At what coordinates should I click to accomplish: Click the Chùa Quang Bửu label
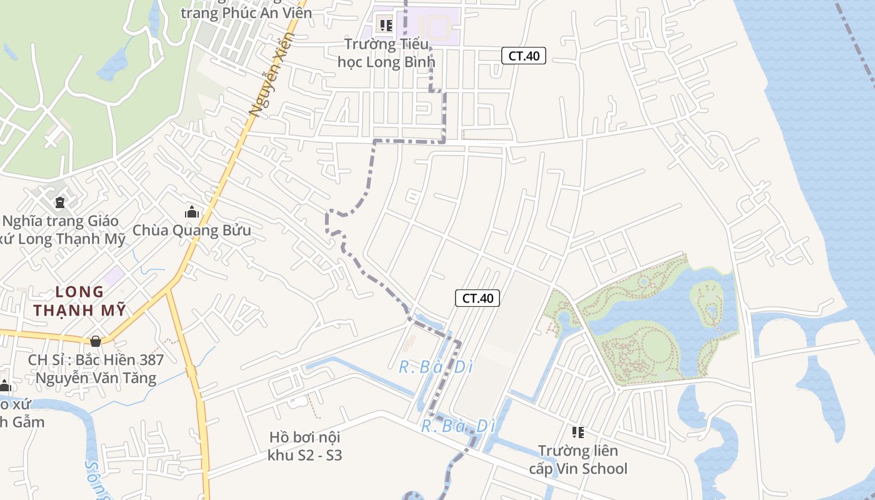(192, 230)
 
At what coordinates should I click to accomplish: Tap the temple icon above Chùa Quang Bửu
(192, 212)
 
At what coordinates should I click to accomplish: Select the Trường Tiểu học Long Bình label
(386, 53)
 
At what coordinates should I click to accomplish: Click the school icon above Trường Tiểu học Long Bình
(386, 26)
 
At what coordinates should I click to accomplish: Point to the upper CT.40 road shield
(524, 56)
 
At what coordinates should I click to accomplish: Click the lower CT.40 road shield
(477, 298)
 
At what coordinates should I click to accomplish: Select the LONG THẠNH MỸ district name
(80, 301)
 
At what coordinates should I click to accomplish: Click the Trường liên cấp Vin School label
(578, 459)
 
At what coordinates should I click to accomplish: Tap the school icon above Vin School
(578, 432)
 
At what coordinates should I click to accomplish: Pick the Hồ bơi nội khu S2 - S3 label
(305, 446)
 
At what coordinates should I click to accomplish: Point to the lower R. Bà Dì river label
(458, 426)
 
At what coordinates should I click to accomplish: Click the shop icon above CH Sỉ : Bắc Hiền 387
(96, 341)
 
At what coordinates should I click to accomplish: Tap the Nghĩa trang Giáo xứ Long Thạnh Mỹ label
(62, 230)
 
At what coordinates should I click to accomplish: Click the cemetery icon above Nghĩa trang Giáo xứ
(60, 202)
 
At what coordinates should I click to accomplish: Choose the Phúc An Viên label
(246, 12)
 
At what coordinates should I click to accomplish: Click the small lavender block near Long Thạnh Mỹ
(114, 274)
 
